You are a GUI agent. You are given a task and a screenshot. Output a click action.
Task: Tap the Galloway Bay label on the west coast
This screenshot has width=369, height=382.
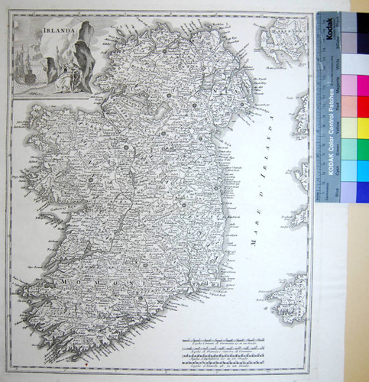point(50,218)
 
